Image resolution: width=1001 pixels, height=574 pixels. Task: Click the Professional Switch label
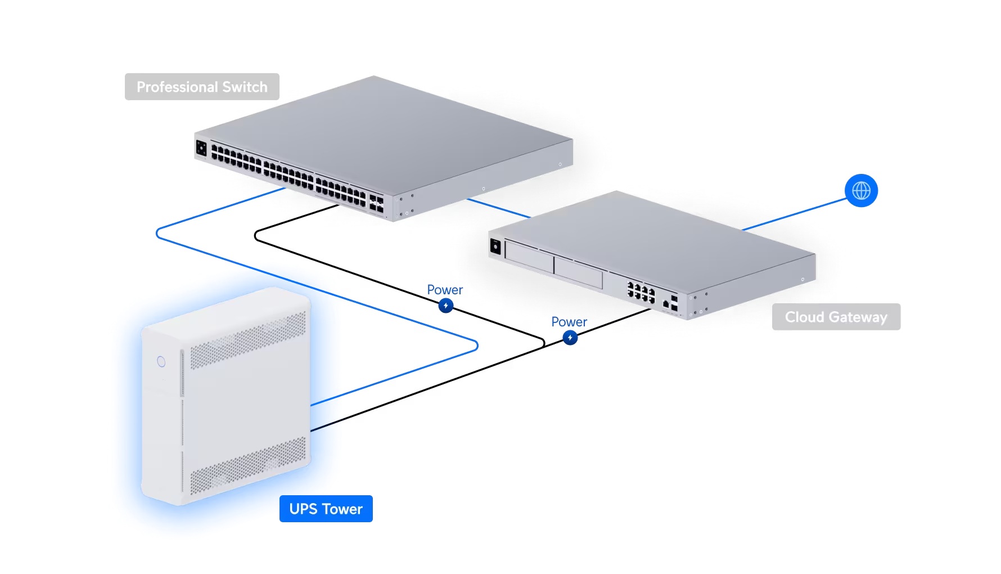tap(202, 87)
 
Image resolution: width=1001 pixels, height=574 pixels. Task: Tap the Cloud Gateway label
tap(836, 317)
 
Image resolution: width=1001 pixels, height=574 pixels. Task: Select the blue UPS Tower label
tap(326, 509)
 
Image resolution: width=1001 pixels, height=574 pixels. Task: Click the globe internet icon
tap(861, 191)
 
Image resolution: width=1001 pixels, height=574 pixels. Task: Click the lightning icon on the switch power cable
tap(446, 306)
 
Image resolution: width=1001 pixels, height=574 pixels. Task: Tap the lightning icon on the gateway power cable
tap(570, 338)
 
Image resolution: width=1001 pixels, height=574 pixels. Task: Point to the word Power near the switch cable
tap(444, 290)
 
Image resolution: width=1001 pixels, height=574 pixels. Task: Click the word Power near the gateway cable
tap(569, 322)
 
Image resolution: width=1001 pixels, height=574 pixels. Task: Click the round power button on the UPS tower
tap(161, 361)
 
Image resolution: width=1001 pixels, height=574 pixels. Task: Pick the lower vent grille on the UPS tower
tap(247, 467)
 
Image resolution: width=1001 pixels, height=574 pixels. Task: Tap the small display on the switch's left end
tap(201, 149)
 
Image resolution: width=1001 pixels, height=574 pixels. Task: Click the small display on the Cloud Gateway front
tap(495, 246)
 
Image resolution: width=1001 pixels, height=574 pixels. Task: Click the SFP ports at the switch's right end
tap(376, 204)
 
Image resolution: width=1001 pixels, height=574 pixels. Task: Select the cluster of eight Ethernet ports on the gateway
tap(641, 293)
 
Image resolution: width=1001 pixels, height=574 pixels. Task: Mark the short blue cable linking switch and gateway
tap(498, 208)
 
